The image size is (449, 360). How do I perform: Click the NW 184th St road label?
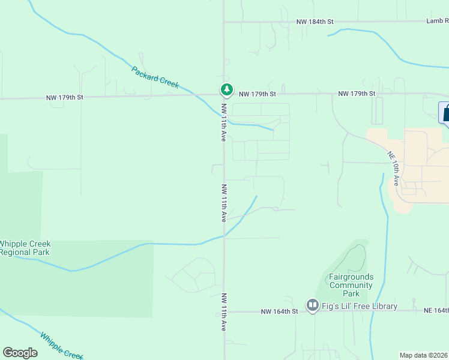[315, 22]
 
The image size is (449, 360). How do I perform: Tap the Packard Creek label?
[155, 77]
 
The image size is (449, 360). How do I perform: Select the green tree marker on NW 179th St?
[226, 89]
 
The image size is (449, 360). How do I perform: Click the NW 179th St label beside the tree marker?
[257, 94]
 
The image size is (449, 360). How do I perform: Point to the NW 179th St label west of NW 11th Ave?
[65, 97]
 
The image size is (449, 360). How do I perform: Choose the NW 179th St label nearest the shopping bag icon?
[357, 94]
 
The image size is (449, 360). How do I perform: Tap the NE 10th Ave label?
[393, 168]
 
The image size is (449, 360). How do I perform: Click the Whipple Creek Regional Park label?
[25, 248]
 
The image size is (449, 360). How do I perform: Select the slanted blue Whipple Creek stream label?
[61, 345]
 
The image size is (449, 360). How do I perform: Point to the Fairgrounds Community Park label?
[351, 285]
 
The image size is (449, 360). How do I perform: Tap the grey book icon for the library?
[312, 306]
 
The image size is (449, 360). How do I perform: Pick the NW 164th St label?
[279, 311]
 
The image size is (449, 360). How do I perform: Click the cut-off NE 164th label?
[436, 310]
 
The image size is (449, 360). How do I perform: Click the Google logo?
[20, 353]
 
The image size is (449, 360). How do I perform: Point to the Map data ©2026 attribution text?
[424, 355]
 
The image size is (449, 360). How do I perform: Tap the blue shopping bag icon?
[445, 113]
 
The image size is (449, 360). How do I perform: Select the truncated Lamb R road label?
[438, 21]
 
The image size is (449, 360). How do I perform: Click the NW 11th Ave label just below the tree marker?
[223, 122]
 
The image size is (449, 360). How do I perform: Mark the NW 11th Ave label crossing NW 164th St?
[223, 312]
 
